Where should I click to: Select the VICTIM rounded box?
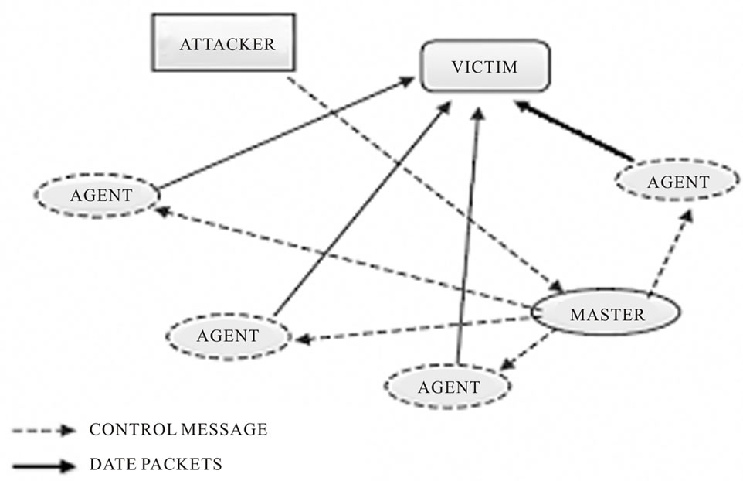click(x=484, y=67)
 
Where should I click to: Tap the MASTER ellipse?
click(x=606, y=314)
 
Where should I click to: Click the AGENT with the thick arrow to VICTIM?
click(x=677, y=183)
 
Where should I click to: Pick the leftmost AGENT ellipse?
click(x=96, y=194)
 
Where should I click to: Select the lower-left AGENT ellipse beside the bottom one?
click(x=228, y=336)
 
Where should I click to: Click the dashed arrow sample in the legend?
click(x=43, y=429)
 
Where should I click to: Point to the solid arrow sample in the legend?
click(x=43, y=466)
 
